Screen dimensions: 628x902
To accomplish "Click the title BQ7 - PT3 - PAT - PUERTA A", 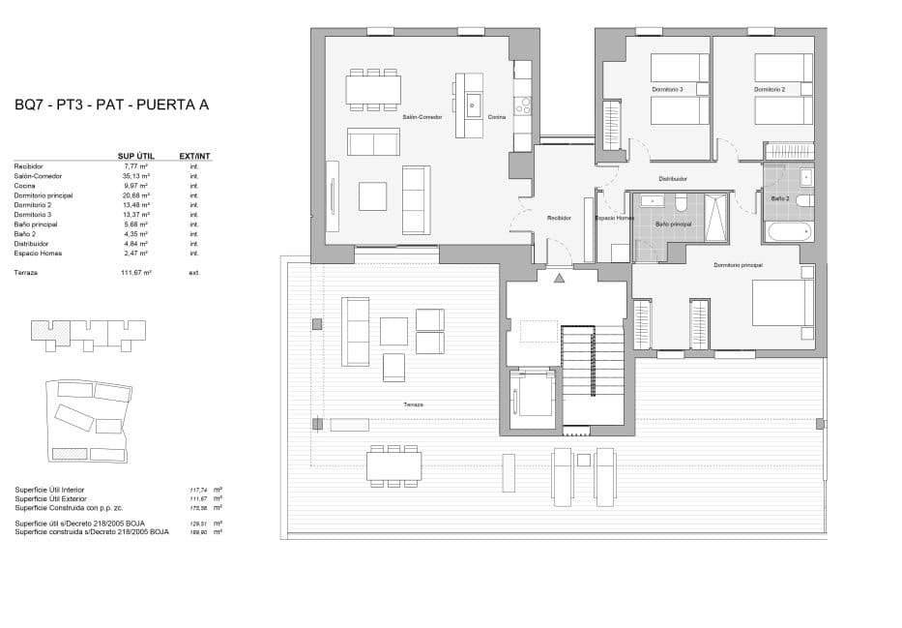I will point(112,105).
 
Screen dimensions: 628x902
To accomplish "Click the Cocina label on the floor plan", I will point(496,116).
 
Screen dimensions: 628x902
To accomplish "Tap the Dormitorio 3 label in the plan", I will point(667,90).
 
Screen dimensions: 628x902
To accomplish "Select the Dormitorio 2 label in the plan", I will point(770,90).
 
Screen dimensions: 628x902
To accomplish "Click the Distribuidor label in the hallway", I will point(673,179).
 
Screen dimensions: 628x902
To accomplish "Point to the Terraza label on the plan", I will point(414,404).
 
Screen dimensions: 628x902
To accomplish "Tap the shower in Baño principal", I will point(717,218).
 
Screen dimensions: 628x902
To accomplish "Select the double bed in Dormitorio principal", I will point(781,302).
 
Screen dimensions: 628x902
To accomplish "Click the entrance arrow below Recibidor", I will point(559,279).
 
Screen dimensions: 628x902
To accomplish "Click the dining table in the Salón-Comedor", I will point(373,90).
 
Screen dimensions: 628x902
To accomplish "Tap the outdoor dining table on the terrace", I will point(393,466).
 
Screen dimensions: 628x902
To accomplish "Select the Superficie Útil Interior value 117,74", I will point(199,491).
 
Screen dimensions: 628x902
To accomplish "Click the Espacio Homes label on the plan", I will point(614,219).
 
